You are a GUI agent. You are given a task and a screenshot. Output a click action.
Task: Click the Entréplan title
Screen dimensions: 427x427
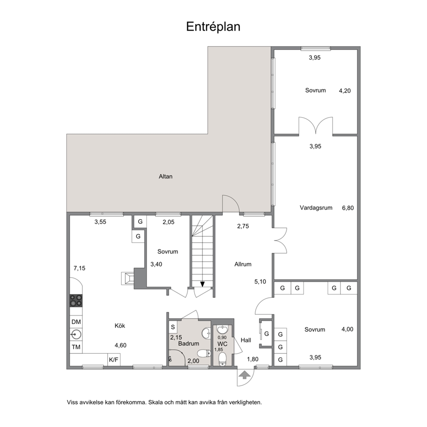tap(213, 27)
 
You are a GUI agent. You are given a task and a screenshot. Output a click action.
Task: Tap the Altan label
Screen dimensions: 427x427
tap(166, 176)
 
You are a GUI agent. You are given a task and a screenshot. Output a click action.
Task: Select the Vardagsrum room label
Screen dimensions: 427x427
tap(316, 208)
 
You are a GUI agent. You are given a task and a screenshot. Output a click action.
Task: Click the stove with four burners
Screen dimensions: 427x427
tap(76, 300)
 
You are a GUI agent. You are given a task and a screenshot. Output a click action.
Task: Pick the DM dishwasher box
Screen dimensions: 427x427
tap(76, 322)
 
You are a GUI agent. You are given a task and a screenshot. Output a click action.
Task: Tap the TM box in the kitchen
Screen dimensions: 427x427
tap(76, 347)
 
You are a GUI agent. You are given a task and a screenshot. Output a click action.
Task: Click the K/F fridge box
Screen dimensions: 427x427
tap(114, 360)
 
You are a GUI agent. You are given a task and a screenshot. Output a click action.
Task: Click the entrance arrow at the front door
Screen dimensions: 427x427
tap(244, 375)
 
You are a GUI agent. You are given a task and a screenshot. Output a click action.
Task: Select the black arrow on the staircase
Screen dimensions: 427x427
tap(202, 284)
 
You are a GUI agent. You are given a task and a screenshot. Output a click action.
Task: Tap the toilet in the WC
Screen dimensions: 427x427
tap(223, 359)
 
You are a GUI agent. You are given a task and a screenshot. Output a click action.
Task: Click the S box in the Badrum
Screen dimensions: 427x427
tap(173, 327)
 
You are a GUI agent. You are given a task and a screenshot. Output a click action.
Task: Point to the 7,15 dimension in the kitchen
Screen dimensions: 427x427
tap(80, 268)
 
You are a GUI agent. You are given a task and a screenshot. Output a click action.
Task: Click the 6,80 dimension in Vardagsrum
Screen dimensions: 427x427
tap(348, 208)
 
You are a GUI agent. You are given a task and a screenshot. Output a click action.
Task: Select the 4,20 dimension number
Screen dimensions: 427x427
tap(345, 91)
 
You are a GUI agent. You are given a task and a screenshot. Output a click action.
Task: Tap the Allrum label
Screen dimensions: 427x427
tap(243, 264)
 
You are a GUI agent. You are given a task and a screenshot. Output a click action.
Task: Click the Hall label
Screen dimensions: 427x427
tap(246, 340)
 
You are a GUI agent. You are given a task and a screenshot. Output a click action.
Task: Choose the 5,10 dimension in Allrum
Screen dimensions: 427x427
tap(260, 282)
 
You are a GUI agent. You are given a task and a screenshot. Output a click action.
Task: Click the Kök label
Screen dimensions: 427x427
tap(120, 326)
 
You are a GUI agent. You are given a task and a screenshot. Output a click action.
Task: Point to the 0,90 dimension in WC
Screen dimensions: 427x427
tap(222, 337)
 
